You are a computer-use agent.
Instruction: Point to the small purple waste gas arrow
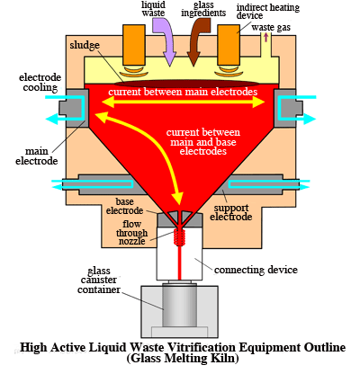265,37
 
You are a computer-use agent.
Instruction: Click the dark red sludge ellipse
186,84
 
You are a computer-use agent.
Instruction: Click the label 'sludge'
85,45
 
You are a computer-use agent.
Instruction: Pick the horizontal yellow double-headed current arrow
183,102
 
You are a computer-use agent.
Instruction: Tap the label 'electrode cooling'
40,83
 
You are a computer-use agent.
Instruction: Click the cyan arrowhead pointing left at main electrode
51,119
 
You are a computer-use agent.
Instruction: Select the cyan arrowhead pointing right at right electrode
310,119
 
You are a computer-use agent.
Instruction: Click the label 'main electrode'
37,156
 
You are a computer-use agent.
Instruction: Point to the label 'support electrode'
231,212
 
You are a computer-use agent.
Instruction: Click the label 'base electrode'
124,206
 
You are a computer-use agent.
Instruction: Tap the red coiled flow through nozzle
180,237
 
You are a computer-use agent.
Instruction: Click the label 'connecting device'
256,270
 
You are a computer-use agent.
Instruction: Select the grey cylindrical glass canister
180,305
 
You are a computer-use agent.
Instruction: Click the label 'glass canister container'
99,280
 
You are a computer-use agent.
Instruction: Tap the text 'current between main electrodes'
183,92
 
